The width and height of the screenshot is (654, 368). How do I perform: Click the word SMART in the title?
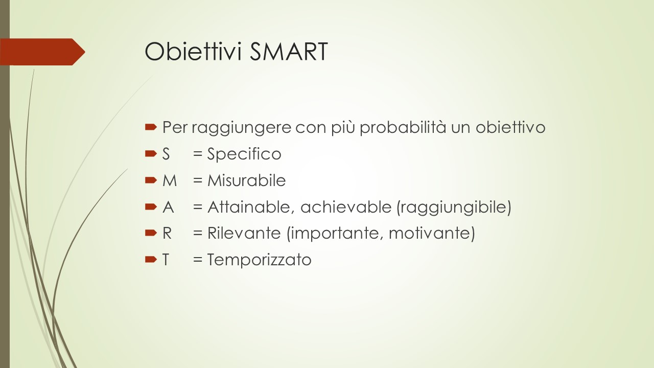(289, 52)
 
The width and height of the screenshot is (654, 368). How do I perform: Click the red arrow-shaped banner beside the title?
(42, 52)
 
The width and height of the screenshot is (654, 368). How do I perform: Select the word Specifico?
(244, 154)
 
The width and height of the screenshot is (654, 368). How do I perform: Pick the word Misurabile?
(246, 180)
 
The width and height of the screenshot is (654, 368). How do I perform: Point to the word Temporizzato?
(259, 260)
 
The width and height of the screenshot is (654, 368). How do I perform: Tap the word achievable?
(346, 207)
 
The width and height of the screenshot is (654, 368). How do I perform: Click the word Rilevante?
(244, 234)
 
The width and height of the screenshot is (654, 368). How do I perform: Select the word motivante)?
(432, 234)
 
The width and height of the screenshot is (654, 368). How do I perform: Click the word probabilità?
(403, 128)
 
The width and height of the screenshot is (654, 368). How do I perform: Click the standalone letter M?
(170, 180)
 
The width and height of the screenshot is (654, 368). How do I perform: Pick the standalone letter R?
(167, 234)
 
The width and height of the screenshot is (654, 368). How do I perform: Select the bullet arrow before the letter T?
(151, 259)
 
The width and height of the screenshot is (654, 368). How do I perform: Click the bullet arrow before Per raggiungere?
(151, 127)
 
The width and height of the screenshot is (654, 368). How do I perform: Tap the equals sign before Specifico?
(198, 154)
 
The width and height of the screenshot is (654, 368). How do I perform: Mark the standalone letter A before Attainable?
(168, 207)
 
